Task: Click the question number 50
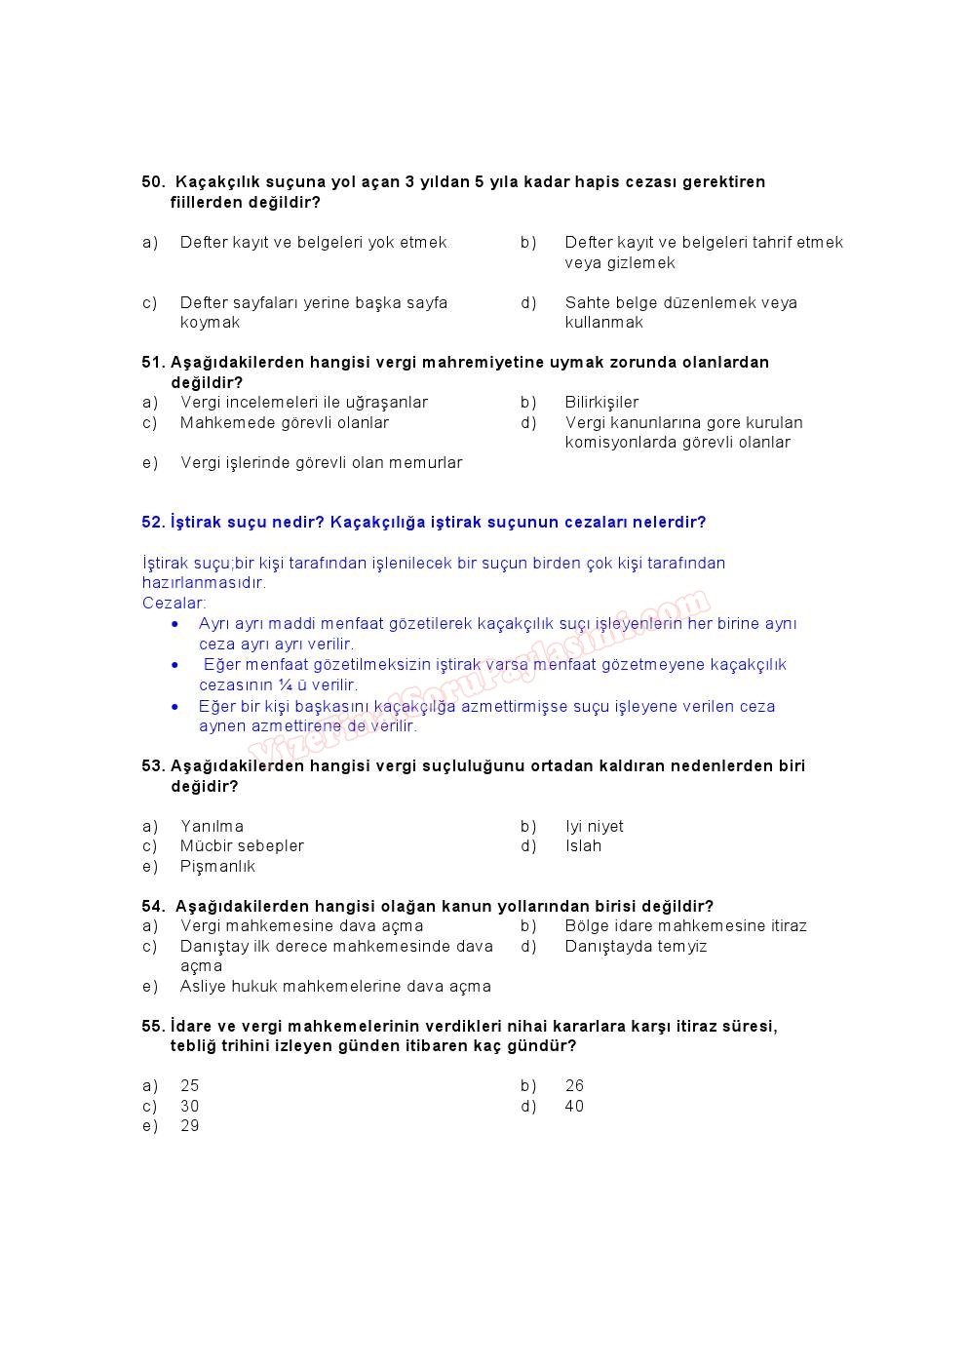click(x=153, y=182)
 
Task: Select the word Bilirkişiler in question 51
click(x=601, y=403)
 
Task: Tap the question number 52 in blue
click(x=153, y=523)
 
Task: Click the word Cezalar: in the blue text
click(x=174, y=604)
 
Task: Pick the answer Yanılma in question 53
click(x=212, y=827)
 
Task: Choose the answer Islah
click(x=583, y=846)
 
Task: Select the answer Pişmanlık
click(x=217, y=867)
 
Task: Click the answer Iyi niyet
click(x=594, y=827)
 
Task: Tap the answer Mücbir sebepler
click(x=242, y=846)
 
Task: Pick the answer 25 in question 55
click(x=189, y=1086)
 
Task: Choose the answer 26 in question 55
click(x=574, y=1086)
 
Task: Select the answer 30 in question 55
click(x=189, y=1107)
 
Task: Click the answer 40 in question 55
click(x=574, y=1107)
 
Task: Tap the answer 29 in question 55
click(x=189, y=1126)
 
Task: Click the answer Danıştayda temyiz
click(x=636, y=947)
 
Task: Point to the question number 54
click(x=153, y=907)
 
